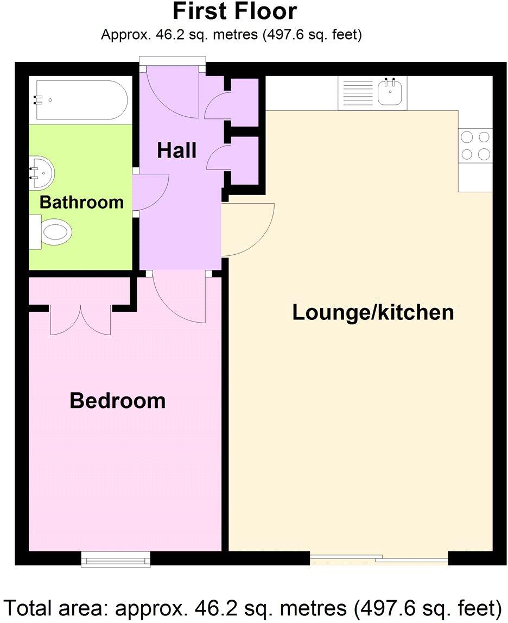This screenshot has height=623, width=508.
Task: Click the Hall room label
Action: pyautogui.click(x=176, y=150)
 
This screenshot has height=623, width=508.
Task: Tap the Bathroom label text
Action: pyautogui.click(x=81, y=202)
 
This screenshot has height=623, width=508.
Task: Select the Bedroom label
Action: pyautogui.click(x=117, y=401)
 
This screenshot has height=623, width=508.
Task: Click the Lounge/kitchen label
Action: pyautogui.click(x=373, y=312)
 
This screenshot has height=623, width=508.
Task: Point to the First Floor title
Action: pyautogui.click(x=234, y=11)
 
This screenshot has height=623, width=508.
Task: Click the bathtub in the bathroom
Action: pyautogui.click(x=81, y=100)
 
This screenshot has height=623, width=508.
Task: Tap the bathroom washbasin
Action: pyautogui.click(x=42, y=171)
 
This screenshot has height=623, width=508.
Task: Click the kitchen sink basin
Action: pyautogui.click(x=389, y=94)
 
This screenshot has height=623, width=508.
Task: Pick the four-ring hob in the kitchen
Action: pyautogui.click(x=475, y=146)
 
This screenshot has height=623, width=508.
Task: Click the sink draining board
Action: pyautogui.click(x=357, y=93)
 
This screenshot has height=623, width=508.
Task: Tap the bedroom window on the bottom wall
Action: pyautogui.click(x=116, y=559)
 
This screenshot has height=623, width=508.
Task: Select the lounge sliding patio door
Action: pyautogui.click(x=379, y=558)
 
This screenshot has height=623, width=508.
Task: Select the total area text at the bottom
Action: pyautogui.click(x=253, y=606)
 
